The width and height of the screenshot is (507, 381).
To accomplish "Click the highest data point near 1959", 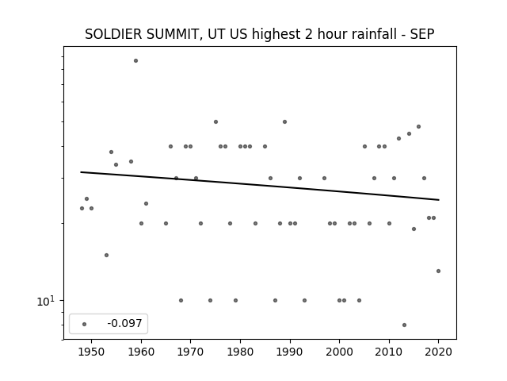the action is [135, 61].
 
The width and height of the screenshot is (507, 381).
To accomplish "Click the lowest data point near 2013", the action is [404, 325].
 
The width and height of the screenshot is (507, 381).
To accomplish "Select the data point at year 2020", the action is [438, 271].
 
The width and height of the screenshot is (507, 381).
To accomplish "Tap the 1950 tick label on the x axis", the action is [92, 352].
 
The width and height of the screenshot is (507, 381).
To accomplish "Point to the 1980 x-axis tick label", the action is [240, 352].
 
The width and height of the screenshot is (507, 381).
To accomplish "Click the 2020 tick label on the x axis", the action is [438, 352].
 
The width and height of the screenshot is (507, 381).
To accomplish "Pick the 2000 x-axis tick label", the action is [339, 352].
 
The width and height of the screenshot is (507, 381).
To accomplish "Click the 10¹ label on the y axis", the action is [46, 302].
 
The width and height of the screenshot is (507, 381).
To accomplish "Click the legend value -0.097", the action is [124, 323].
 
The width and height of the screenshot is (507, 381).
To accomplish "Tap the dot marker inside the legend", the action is [85, 325].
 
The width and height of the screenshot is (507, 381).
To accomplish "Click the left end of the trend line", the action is [81, 172].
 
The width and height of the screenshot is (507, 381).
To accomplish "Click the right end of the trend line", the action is [439, 200].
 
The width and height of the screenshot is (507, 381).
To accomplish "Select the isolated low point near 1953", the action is [106, 256].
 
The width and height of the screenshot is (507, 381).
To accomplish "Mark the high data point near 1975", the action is [215, 121].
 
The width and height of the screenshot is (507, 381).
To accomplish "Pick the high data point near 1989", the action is [284, 121].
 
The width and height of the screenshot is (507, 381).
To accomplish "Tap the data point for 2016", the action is [419, 127].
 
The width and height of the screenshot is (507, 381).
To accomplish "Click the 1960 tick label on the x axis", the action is [141, 352].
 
